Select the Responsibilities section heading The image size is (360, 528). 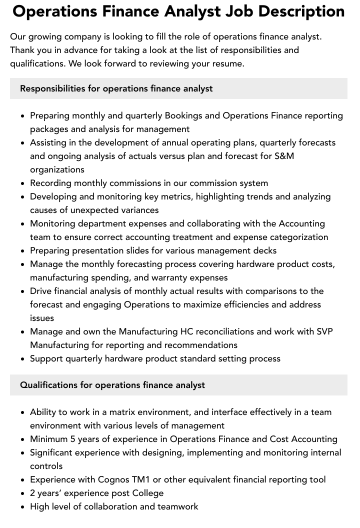(116, 88)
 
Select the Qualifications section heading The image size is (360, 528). (112, 385)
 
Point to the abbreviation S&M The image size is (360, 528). (284, 156)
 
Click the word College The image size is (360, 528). (147, 493)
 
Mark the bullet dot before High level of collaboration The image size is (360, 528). (23, 507)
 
